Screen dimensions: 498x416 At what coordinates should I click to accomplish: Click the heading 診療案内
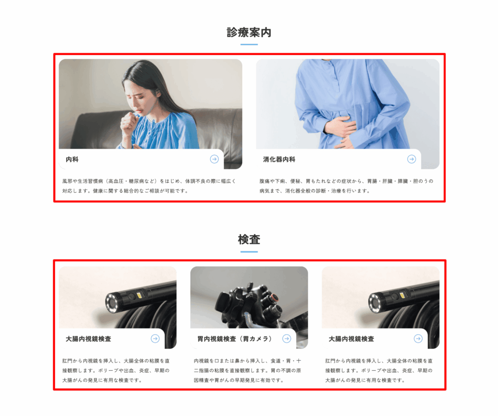[x=249, y=33]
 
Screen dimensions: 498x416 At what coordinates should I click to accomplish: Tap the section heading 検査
[x=249, y=239]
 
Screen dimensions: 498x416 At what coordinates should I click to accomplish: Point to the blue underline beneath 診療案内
[x=249, y=44]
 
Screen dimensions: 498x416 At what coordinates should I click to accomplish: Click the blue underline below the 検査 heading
[x=249, y=252]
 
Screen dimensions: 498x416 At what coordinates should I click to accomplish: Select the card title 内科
[x=72, y=160]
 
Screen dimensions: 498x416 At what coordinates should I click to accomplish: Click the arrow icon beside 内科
[x=214, y=159]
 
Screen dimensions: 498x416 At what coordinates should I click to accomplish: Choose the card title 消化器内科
[x=279, y=160]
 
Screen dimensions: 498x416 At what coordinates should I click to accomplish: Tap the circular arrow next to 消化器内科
[x=411, y=159]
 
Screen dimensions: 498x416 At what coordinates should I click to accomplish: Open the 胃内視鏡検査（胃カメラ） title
[x=235, y=339]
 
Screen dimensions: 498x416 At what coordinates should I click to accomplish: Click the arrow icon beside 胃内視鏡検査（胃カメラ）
[x=286, y=339]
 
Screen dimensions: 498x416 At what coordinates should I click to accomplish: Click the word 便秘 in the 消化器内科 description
[x=295, y=181]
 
